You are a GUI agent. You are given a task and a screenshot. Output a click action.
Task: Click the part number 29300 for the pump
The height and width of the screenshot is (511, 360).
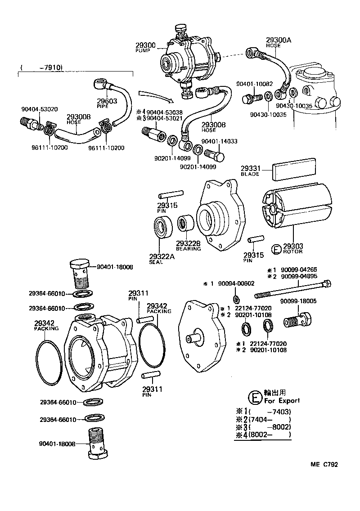tap(145, 45)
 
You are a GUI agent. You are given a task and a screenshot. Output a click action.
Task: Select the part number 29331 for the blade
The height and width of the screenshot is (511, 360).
tap(250, 168)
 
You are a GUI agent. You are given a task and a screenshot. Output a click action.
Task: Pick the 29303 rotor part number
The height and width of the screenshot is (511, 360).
tap(293, 246)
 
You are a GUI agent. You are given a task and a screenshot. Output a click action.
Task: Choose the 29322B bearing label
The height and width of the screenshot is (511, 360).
tap(188, 243)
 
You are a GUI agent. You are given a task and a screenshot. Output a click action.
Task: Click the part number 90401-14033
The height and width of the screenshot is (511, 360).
tap(219, 141)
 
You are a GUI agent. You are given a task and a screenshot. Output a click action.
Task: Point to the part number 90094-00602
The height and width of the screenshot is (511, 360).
tap(236, 283)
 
